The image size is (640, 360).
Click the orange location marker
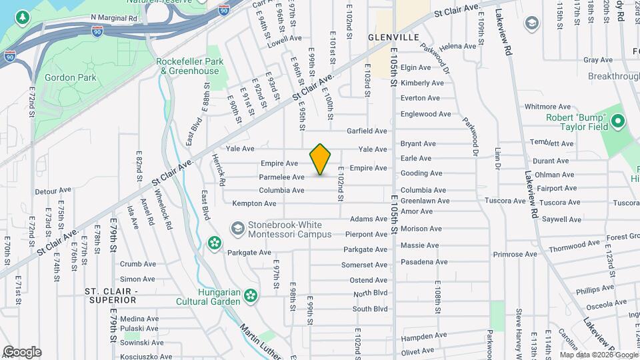pos(321,159)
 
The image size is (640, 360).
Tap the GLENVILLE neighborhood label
pos(393,37)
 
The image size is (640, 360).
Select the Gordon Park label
pos(70,78)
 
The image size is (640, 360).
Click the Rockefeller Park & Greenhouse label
pos(187,66)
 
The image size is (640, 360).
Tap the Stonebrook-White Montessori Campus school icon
pos(237,229)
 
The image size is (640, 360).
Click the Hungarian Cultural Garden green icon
pos(251,295)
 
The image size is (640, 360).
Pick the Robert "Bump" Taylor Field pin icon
pos(617,121)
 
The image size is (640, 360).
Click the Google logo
pos(22,351)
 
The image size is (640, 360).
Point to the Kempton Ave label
pos(254,203)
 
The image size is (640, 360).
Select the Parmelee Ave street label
pos(282,177)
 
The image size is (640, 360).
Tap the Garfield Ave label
pos(367,131)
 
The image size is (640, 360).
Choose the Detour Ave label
pos(53,191)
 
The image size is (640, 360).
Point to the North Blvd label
pos(370,294)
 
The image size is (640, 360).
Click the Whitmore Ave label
pos(548,107)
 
